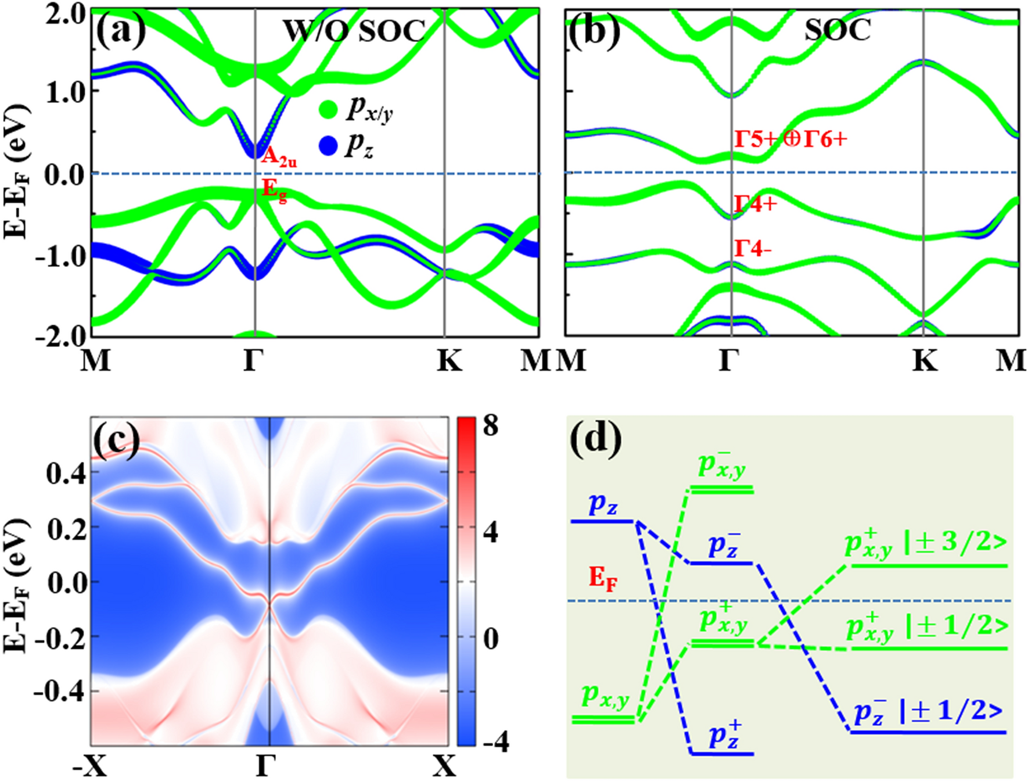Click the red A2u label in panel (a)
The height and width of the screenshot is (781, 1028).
(279, 157)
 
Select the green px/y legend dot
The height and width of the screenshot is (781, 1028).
(328, 109)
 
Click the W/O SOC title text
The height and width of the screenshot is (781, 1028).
(354, 31)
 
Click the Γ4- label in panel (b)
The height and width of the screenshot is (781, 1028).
(753, 249)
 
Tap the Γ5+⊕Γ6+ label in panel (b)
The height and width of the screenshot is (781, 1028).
(790, 139)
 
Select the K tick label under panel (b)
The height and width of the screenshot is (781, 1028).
(925, 361)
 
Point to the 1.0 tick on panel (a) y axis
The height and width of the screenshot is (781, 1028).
(66, 92)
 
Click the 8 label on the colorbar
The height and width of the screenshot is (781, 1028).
(491, 426)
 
